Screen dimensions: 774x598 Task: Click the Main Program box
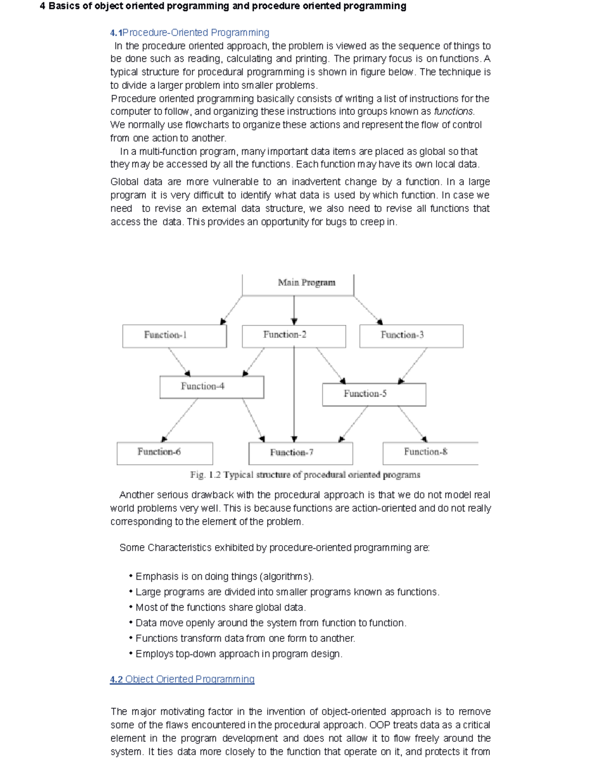tap(298, 284)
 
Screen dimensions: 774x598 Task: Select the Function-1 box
tap(174, 335)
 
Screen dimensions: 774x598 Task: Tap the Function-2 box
tap(294, 335)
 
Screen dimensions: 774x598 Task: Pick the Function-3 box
tap(411, 335)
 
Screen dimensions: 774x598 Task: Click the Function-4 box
tap(211, 387)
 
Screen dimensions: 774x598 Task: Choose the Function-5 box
tap(374, 394)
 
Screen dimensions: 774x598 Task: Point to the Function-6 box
tap(164, 453)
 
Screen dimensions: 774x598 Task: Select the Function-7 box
tap(300, 453)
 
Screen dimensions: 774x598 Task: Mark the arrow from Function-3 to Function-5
tap(413, 366)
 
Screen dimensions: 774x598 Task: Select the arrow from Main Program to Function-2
tap(294, 310)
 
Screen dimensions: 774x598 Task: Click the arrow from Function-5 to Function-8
tap(412, 424)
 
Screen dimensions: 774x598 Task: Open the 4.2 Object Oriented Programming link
tap(182, 679)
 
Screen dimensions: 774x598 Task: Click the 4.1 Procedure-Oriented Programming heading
tap(189, 33)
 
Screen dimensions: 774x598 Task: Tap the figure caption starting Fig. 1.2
tap(305, 475)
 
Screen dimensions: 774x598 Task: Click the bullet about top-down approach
tap(238, 654)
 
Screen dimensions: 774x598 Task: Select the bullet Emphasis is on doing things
tap(224, 577)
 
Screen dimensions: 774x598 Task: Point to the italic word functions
tap(454, 112)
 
